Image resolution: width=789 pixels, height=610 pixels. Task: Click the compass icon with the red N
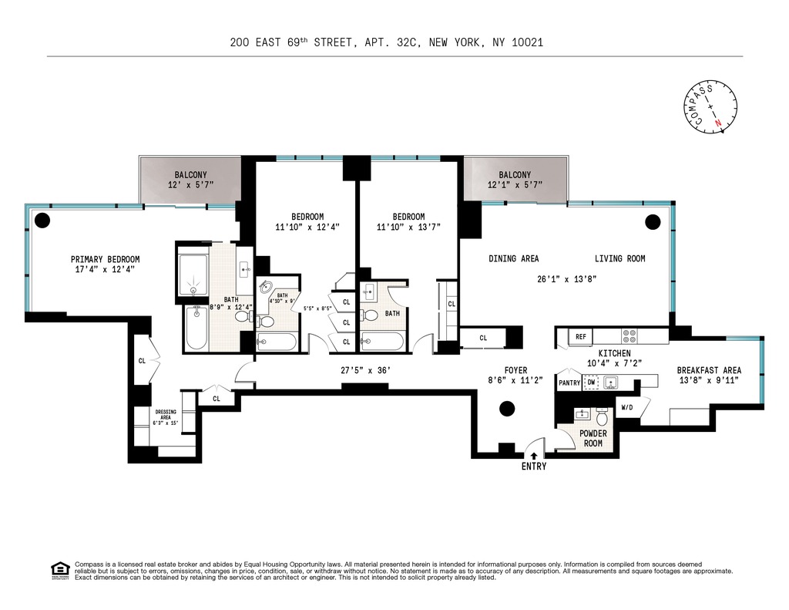click(710, 107)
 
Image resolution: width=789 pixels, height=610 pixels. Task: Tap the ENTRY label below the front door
click(534, 467)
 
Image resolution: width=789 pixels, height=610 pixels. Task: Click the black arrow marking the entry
click(534, 456)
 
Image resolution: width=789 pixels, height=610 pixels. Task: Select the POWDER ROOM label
click(593, 438)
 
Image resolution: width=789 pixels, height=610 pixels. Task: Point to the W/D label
click(626, 407)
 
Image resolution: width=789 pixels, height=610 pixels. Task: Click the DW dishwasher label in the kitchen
click(591, 382)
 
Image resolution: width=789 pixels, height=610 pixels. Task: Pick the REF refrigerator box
click(579, 337)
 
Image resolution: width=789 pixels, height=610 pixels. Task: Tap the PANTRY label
click(569, 383)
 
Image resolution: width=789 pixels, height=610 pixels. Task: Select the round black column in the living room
click(653, 222)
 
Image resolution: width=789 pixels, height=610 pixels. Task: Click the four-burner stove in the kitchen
click(630, 337)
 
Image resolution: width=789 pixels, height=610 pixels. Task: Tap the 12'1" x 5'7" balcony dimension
click(514, 185)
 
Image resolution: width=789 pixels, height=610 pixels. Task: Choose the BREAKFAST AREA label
click(709, 370)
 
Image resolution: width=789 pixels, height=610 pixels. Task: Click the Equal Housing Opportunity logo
click(60, 571)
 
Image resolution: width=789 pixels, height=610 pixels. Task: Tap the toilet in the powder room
click(603, 417)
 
